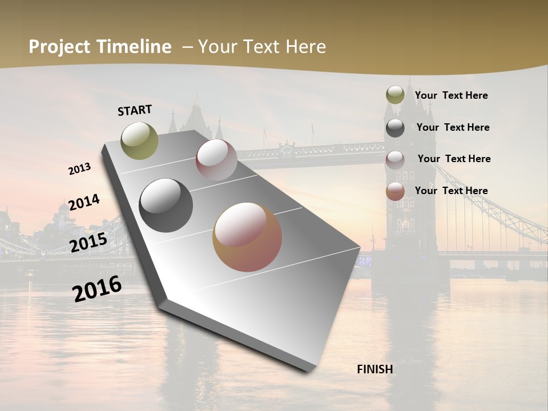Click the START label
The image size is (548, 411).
[135, 110]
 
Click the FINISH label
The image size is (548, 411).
[375, 369]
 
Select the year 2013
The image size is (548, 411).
[80, 169]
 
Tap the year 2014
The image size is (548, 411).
[84, 202]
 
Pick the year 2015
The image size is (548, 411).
[88, 243]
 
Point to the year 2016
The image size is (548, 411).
[97, 288]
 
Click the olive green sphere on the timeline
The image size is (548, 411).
[140, 140]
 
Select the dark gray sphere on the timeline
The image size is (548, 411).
[166, 205]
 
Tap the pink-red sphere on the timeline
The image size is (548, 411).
[216, 160]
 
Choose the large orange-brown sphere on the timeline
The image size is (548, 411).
[247, 237]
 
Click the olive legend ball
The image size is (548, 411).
[395, 95]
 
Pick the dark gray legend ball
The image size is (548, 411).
[395, 128]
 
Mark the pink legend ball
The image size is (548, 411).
[395, 159]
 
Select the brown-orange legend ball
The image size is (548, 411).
[395, 191]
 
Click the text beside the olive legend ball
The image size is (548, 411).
[451, 95]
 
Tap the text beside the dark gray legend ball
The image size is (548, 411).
[453, 127]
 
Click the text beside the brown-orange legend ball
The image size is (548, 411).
[451, 191]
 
